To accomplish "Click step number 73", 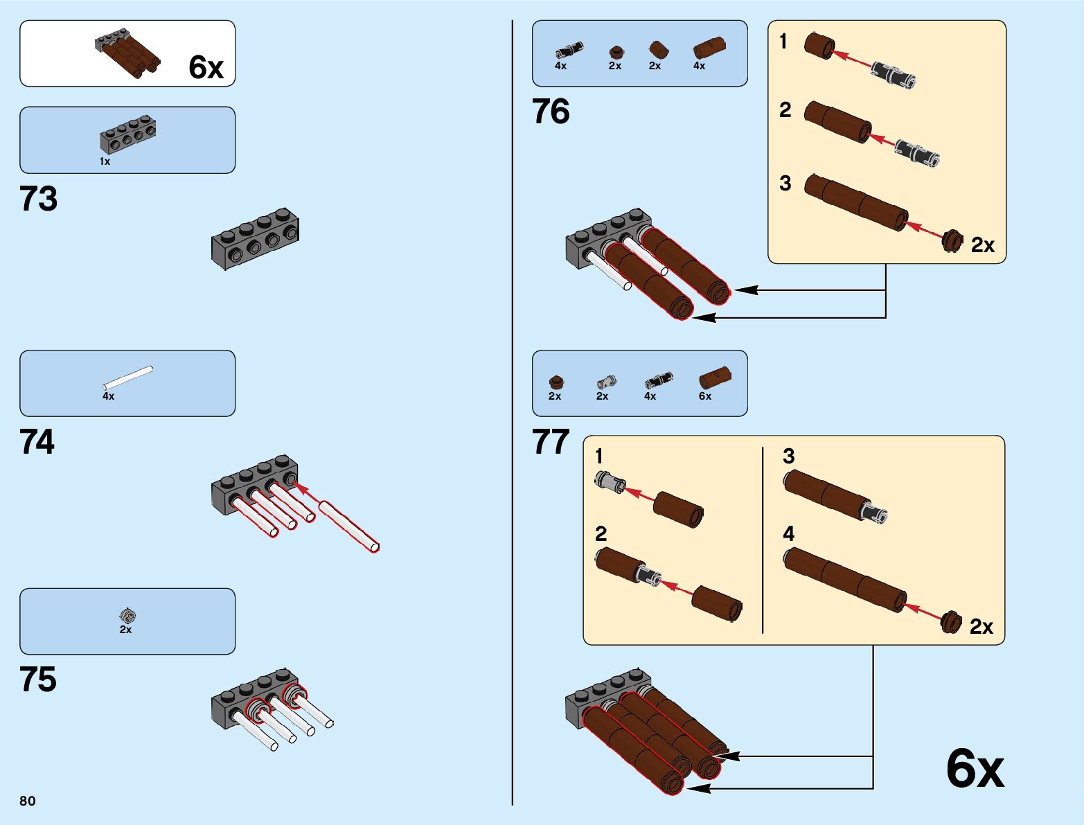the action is (x=39, y=199).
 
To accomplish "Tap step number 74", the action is (x=37, y=442).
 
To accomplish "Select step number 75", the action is (x=38, y=680).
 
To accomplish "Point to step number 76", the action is (x=551, y=112).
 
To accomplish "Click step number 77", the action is (x=551, y=442).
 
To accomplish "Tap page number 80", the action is (x=28, y=801).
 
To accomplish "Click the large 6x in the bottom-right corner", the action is (x=975, y=768).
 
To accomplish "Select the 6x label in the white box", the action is (x=206, y=67).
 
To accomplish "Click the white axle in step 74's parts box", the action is (x=128, y=378).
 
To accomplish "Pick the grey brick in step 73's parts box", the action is (x=127, y=135).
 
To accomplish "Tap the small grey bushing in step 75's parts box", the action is (x=127, y=614).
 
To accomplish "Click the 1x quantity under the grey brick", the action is (x=105, y=161).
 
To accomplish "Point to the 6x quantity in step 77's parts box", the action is (x=705, y=396).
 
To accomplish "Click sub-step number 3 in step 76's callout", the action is (x=785, y=184).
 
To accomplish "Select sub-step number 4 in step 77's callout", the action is (x=788, y=533).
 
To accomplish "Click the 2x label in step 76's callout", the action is (x=982, y=245).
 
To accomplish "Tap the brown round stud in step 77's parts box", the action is (x=556, y=382).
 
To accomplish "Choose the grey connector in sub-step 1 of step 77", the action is (x=610, y=481).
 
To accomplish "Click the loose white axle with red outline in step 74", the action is (x=348, y=526).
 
